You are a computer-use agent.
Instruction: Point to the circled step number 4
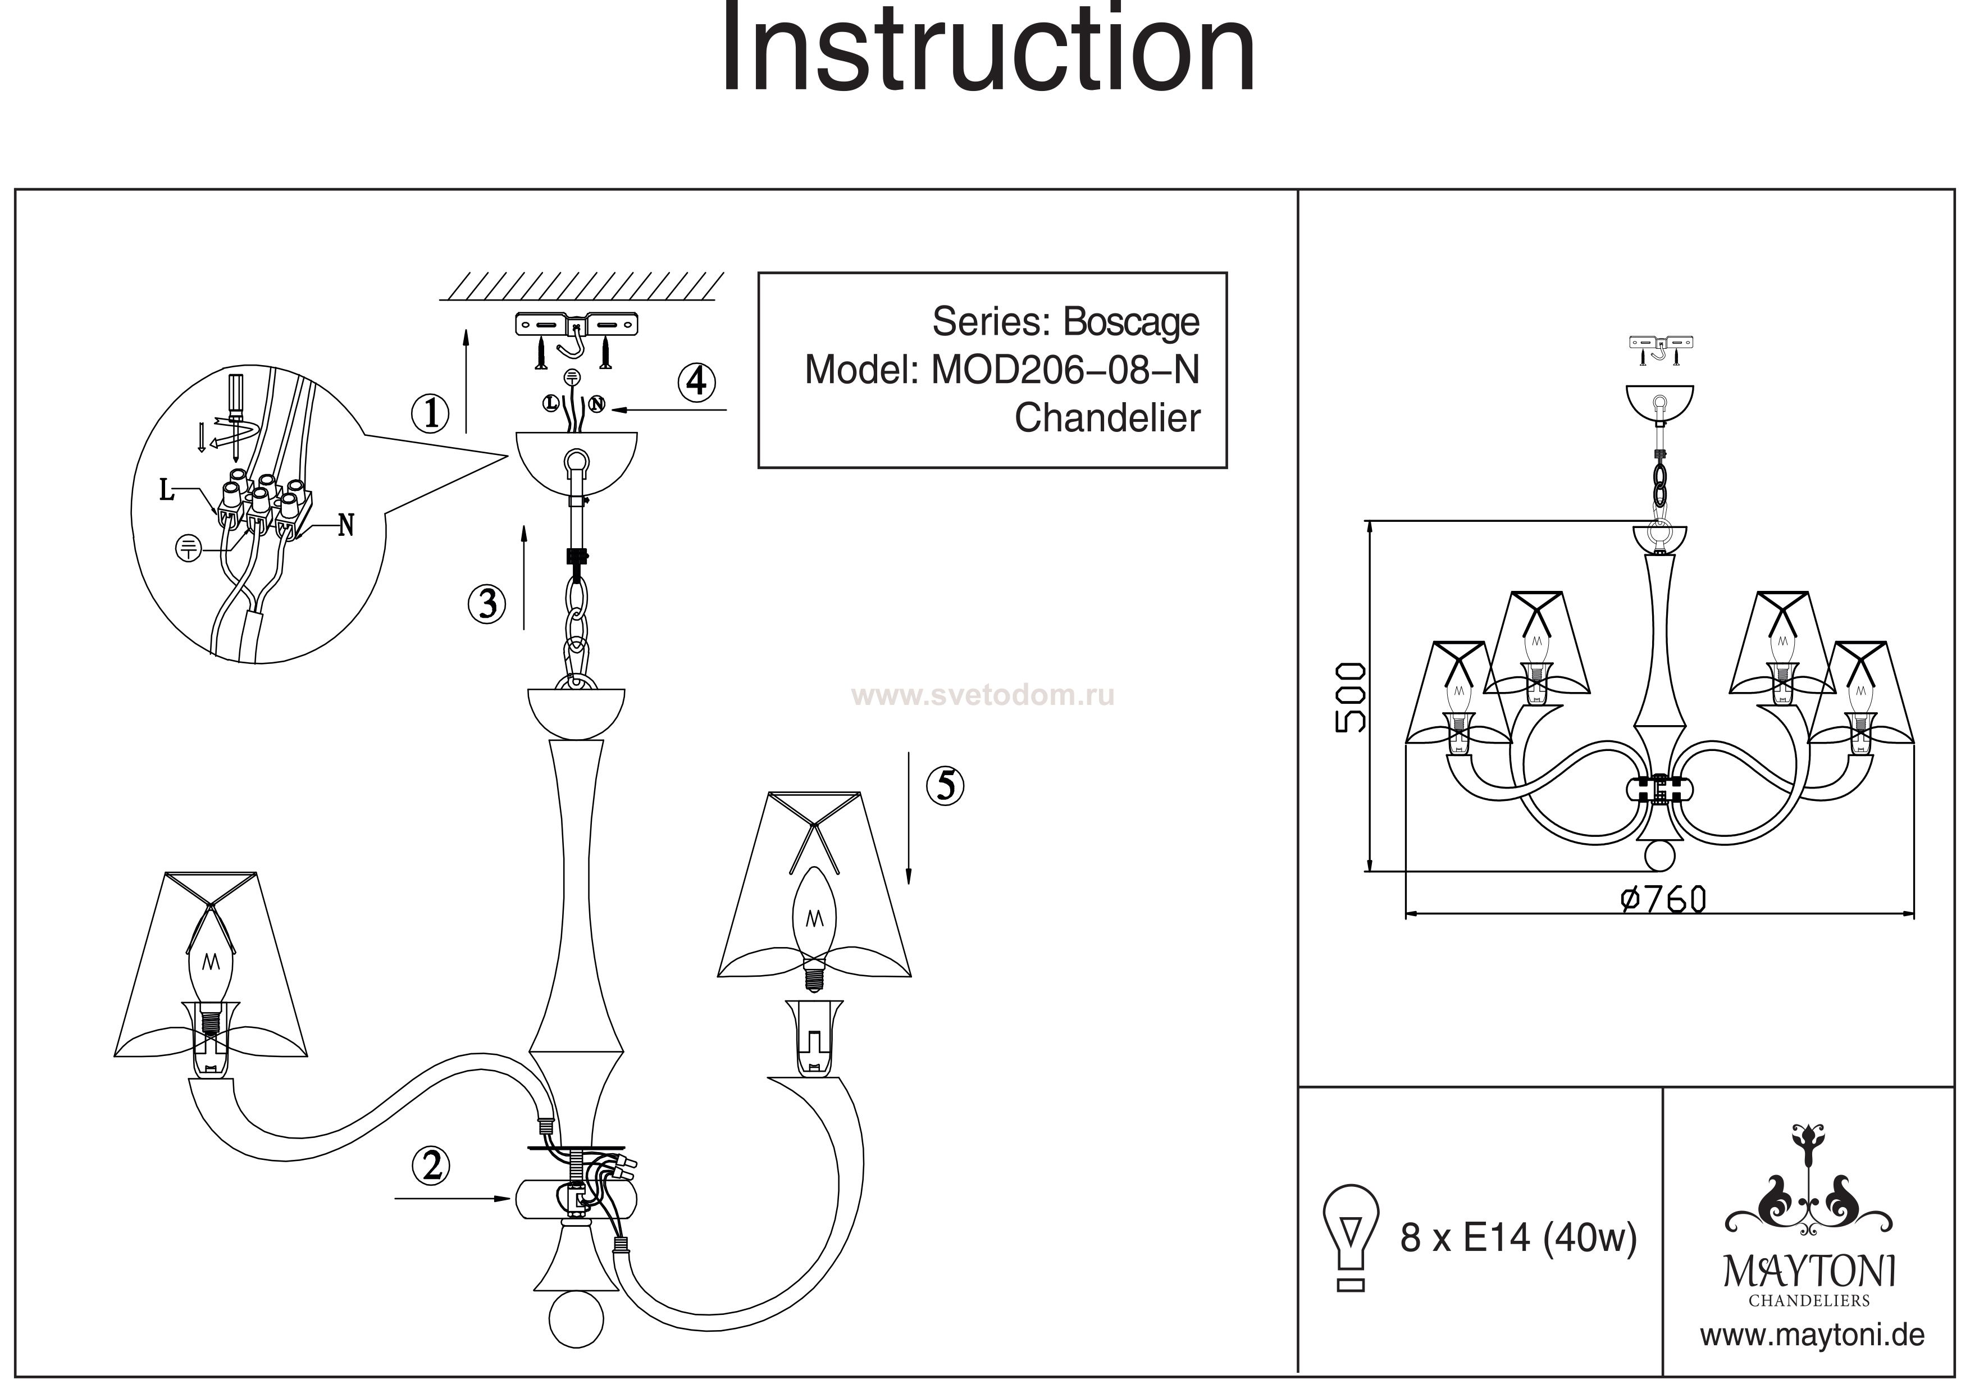697,381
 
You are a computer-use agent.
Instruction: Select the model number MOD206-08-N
1065,370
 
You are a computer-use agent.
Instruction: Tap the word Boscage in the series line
1131,322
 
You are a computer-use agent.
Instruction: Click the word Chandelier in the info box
1107,418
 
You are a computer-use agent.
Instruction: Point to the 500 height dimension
1349,697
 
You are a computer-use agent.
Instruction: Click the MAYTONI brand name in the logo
1809,1272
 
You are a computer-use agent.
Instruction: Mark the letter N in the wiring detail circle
346,525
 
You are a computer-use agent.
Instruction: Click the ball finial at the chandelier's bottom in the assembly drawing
577,1319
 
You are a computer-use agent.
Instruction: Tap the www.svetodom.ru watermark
982,695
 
